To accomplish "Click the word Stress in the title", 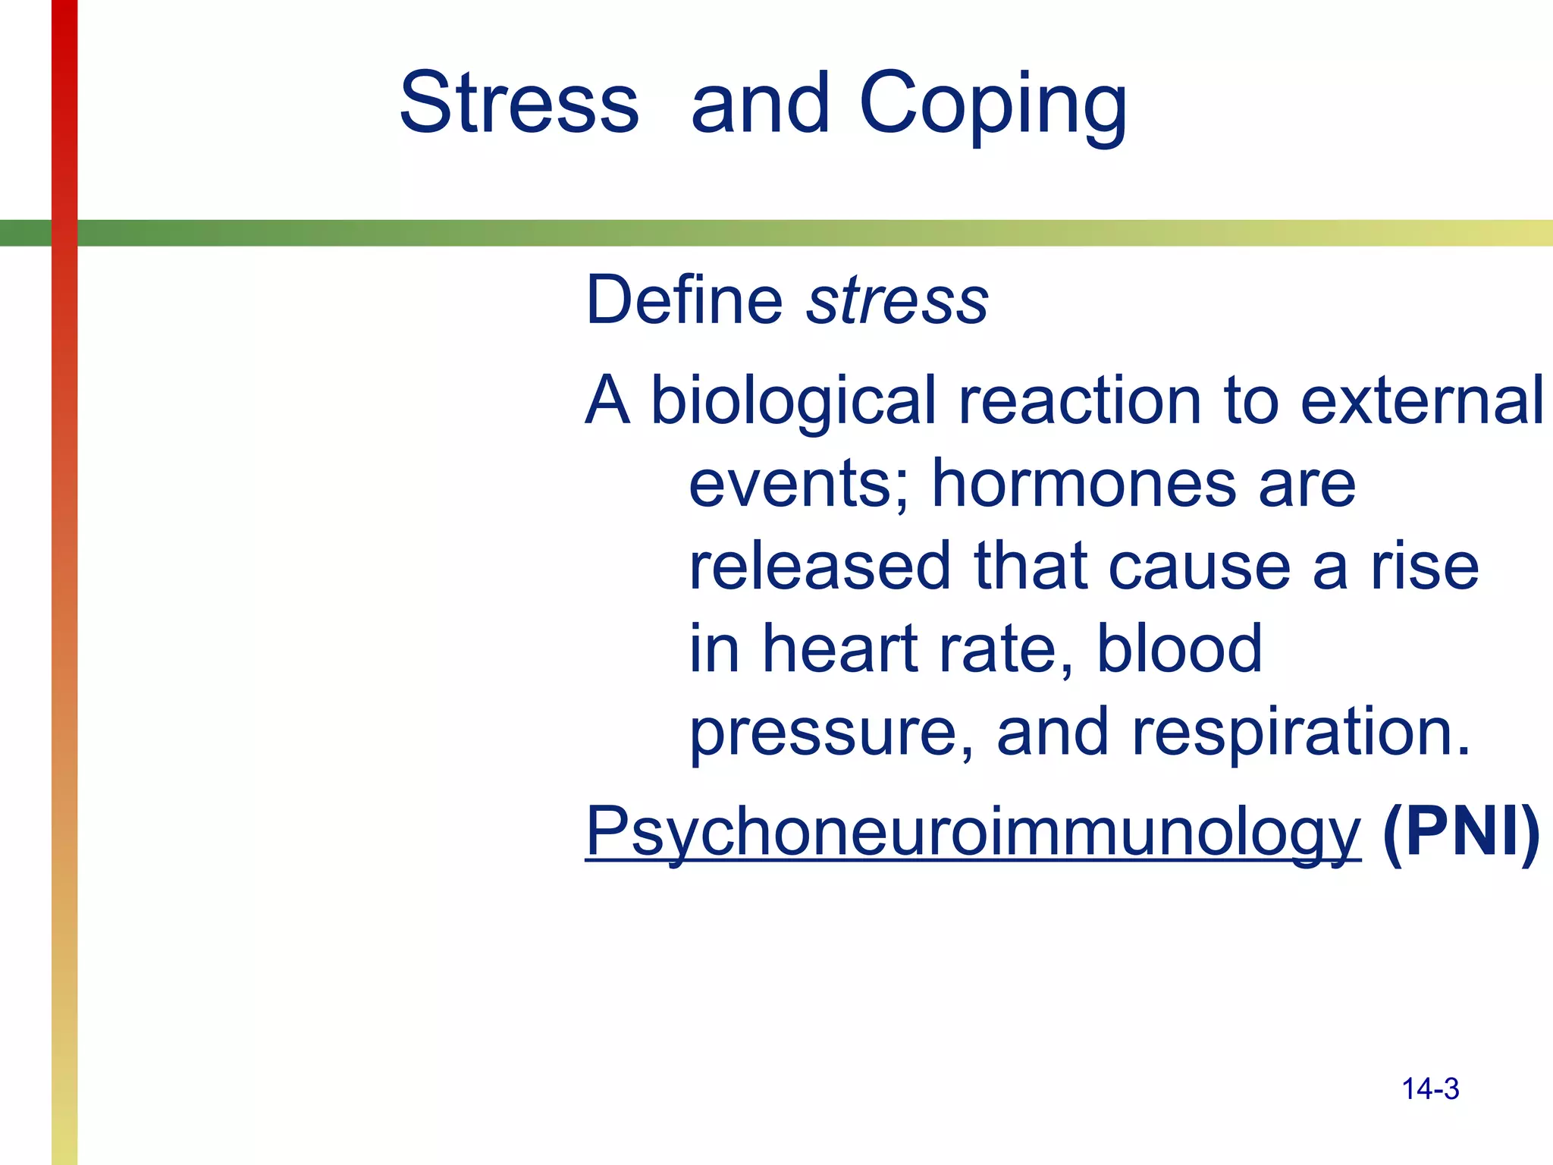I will click(519, 103).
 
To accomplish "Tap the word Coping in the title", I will click(993, 106).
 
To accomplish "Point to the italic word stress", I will click(898, 302).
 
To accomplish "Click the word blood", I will click(1179, 649).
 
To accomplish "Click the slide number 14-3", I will click(1430, 1089).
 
